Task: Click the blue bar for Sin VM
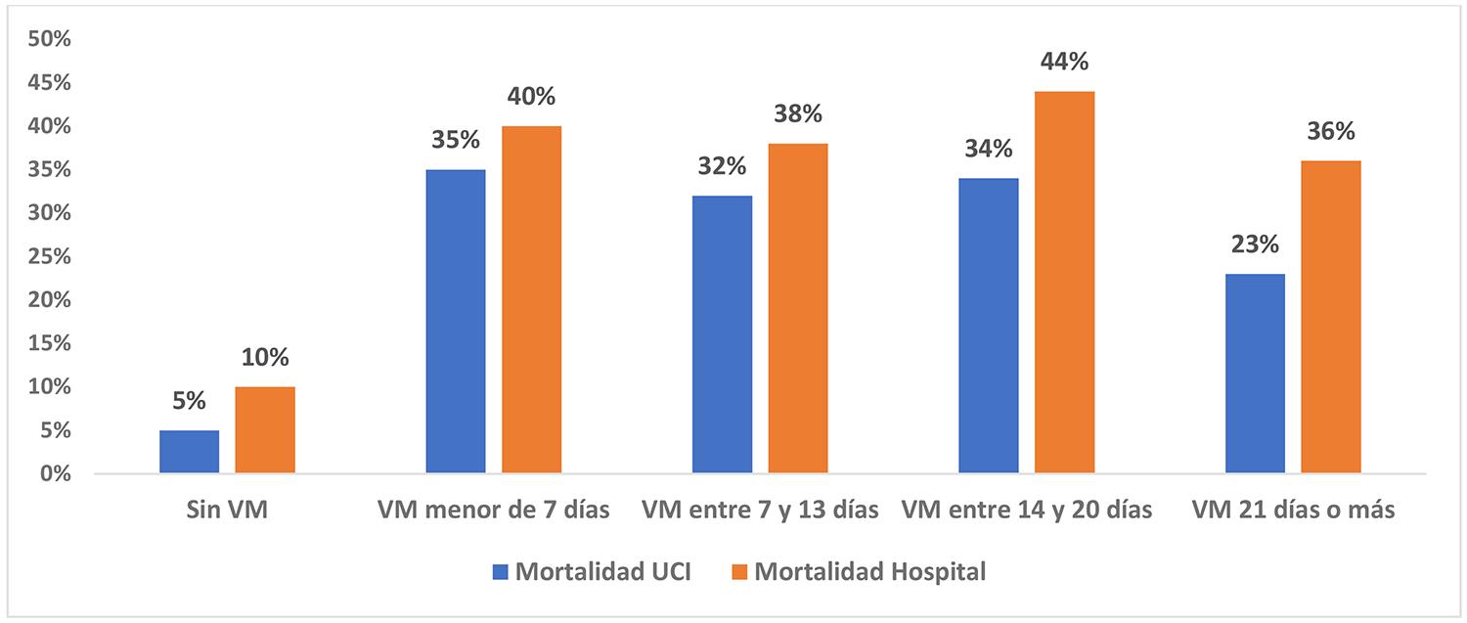pyautogui.click(x=190, y=452)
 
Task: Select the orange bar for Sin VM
pyautogui.click(x=265, y=430)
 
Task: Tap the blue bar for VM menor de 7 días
pyautogui.click(x=456, y=322)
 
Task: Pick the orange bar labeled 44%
pyautogui.click(x=1065, y=283)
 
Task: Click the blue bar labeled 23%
pyautogui.click(x=1255, y=374)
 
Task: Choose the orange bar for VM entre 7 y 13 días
pyautogui.click(x=798, y=309)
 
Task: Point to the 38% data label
pyautogui.click(x=798, y=114)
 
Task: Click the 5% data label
pyautogui.click(x=190, y=401)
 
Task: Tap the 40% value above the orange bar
pyautogui.click(x=531, y=97)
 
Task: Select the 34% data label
pyautogui.click(x=989, y=150)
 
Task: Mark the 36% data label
pyautogui.click(x=1331, y=132)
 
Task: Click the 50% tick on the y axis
pyautogui.click(x=49, y=39)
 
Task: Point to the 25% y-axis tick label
pyautogui.click(x=49, y=256)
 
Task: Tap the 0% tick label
pyautogui.click(x=55, y=473)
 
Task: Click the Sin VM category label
pyautogui.click(x=227, y=511)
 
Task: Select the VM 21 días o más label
pyautogui.click(x=1293, y=511)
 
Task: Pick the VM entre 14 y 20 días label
pyautogui.click(x=1027, y=511)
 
